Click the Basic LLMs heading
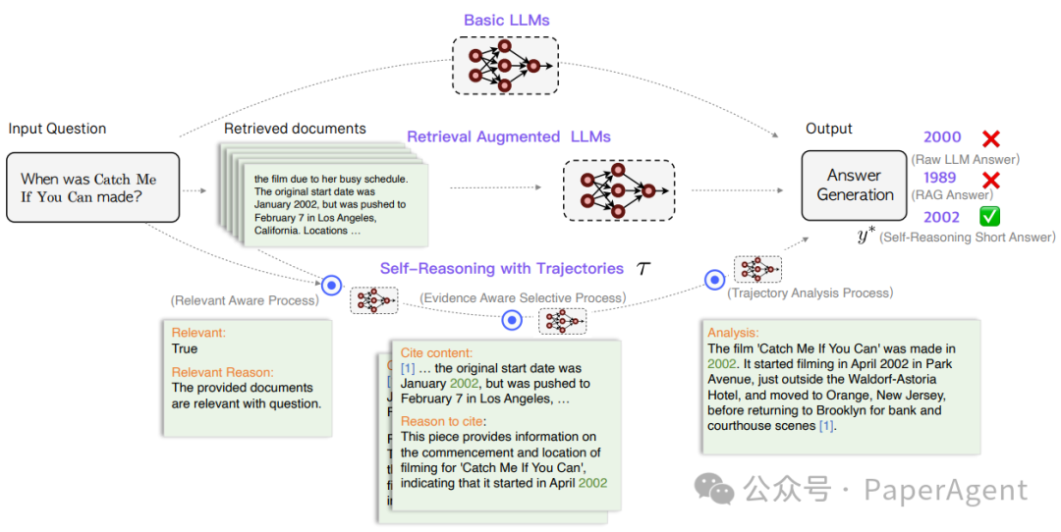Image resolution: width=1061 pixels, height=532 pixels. pyautogui.click(x=506, y=21)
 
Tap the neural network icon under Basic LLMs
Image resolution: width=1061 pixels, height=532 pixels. pyautogui.click(x=504, y=66)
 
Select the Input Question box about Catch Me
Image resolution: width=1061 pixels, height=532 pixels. pyautogui.click(x=93, y=187)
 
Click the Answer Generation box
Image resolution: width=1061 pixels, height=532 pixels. pyautogui.click(x=854, y=185)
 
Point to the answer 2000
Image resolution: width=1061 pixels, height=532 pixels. pyautogui.click(x=943, y=139)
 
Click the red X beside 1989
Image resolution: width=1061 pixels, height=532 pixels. pyautogui.click(x=990, y=180)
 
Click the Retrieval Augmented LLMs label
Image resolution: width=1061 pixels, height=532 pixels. pyautogui.click(x=509, y=136)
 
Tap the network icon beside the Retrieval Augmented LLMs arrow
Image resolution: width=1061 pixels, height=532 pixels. pyautogui.click(x=619, y=189)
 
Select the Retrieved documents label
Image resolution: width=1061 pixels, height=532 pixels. pyautogui.click(x=295, y=129)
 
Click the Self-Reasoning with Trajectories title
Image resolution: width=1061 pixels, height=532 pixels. pyautogui.click(x=502, y=268)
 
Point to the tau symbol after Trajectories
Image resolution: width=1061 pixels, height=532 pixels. pyautogui.click(x=643, y=269)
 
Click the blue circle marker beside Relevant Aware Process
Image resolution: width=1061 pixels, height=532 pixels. pyautogui.click(x=332, y=286)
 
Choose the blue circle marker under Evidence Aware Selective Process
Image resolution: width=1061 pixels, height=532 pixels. pyautogui.click(x=512, y=320)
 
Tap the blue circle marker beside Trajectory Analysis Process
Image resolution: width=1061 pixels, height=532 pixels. pyautogui.click(x=715, y=281)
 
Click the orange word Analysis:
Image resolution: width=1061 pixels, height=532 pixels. pyautogui.click(x=733, y=334)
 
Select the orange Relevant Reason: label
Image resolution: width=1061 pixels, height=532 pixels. pyautogui.click(x=222, y=372)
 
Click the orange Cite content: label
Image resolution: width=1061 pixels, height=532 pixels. pyautogui.click(x=436, y=352)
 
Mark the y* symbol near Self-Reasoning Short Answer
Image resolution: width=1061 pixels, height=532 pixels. pyautogui.click(x=866, y=237)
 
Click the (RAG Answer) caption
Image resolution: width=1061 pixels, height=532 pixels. pyautogui.click(x=956, y=195)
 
